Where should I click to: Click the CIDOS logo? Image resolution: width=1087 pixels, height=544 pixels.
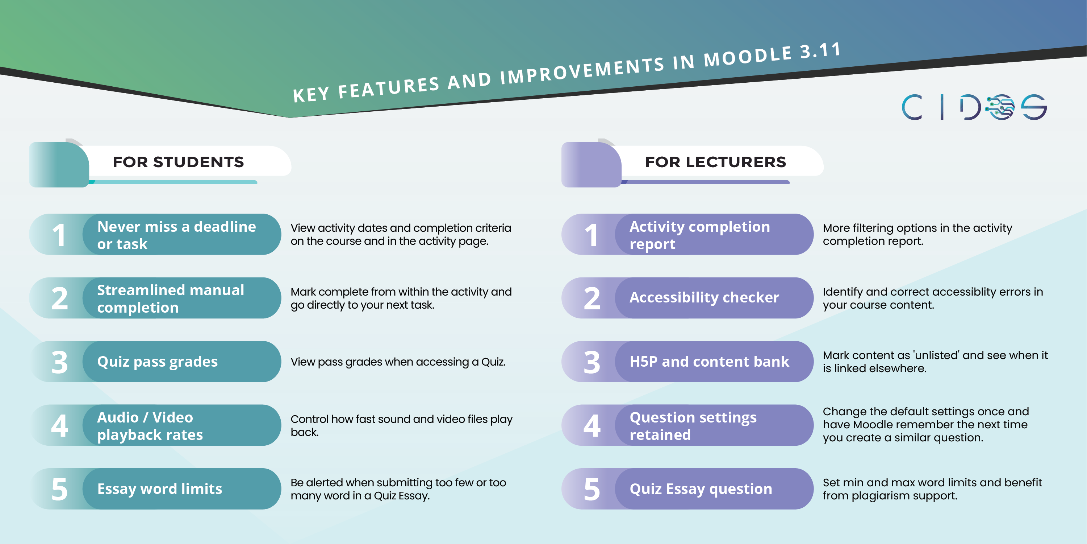(x=974, y=107)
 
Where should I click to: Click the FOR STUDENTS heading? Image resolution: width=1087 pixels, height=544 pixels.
(x=178, y=162)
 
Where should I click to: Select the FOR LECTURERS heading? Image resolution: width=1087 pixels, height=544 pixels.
(x=715, y=162)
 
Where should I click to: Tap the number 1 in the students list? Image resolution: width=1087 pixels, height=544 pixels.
(x=59, y=235)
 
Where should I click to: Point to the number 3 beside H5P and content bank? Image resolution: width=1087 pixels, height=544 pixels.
(x=591, y=362)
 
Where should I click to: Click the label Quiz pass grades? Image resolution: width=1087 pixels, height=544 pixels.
(x=158, y=362)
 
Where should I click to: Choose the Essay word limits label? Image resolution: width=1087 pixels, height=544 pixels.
(x=159, y=489)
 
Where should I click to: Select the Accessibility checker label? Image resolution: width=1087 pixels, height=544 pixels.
(x=704, y=297)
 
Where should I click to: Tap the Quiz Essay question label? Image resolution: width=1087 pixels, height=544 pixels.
(x=701, y=489)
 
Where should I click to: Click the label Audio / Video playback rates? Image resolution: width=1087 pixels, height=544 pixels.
(x=150, y=426)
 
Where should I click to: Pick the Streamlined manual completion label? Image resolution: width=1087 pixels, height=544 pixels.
(x=171, y=298)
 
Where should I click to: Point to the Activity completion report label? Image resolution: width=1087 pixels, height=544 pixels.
(x=700, y=235)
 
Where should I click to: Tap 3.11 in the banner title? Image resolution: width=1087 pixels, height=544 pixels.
(x=821, y=51)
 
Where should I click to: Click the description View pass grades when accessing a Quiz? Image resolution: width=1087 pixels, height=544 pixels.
(x=398, y=362)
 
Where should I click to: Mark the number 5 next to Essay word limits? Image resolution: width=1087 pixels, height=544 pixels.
(x=59, y=490)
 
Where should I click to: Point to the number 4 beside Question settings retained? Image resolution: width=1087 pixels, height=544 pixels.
(x=591, y=426)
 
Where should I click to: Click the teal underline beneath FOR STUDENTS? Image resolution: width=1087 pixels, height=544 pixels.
(x=173, y=182)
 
